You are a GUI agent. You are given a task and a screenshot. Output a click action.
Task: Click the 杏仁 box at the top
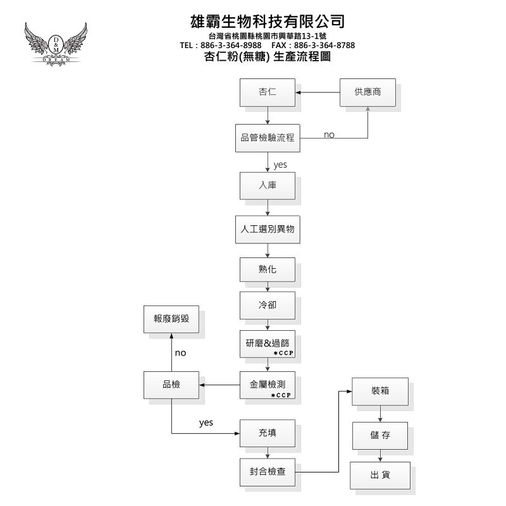pyautogui.click(x=268, y=92)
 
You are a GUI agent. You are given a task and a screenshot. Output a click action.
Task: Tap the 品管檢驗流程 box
pyautogui.click(x=268, y=137)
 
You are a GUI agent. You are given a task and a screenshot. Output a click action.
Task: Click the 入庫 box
pyautogui.click(x=268, y=185)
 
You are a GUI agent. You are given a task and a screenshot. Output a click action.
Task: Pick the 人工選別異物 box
pyautogui.click(x=268, y=230)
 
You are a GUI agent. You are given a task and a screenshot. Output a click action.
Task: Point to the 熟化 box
pyautogui.click(x=268, y=269)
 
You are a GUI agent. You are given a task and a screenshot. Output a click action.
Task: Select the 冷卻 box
pyautogui.click(x=268, y=305)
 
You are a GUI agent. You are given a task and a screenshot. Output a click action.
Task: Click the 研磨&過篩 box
pyautogui.click(x=268, y=344)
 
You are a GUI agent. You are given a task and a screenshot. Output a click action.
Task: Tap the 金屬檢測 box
pyautogui.click(x=268, y=385)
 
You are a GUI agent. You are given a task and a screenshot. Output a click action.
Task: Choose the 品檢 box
pyautogui.click(x=171, y=385)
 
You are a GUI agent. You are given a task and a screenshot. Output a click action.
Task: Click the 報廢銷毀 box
pyautogui.click(x=171, y=319)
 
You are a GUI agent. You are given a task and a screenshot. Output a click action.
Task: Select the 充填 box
pyautogui.click(x=268, y=433)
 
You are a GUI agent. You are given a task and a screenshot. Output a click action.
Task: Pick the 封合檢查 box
pyautogui.click(x=268, y=472)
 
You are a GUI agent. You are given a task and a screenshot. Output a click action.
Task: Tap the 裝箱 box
pyautogui.click(x=380, y=392)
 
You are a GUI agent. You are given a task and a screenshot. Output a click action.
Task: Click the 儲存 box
pyautogui.click(x=380, y=436)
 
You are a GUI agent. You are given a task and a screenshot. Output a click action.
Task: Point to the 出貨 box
pyautogui.click(x=380, y=475)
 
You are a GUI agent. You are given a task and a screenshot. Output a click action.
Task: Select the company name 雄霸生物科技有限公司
pyautogui.click(x=268, y=22)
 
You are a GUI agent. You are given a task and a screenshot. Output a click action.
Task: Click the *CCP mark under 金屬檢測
pyautogui.click(x=280, y=395)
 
